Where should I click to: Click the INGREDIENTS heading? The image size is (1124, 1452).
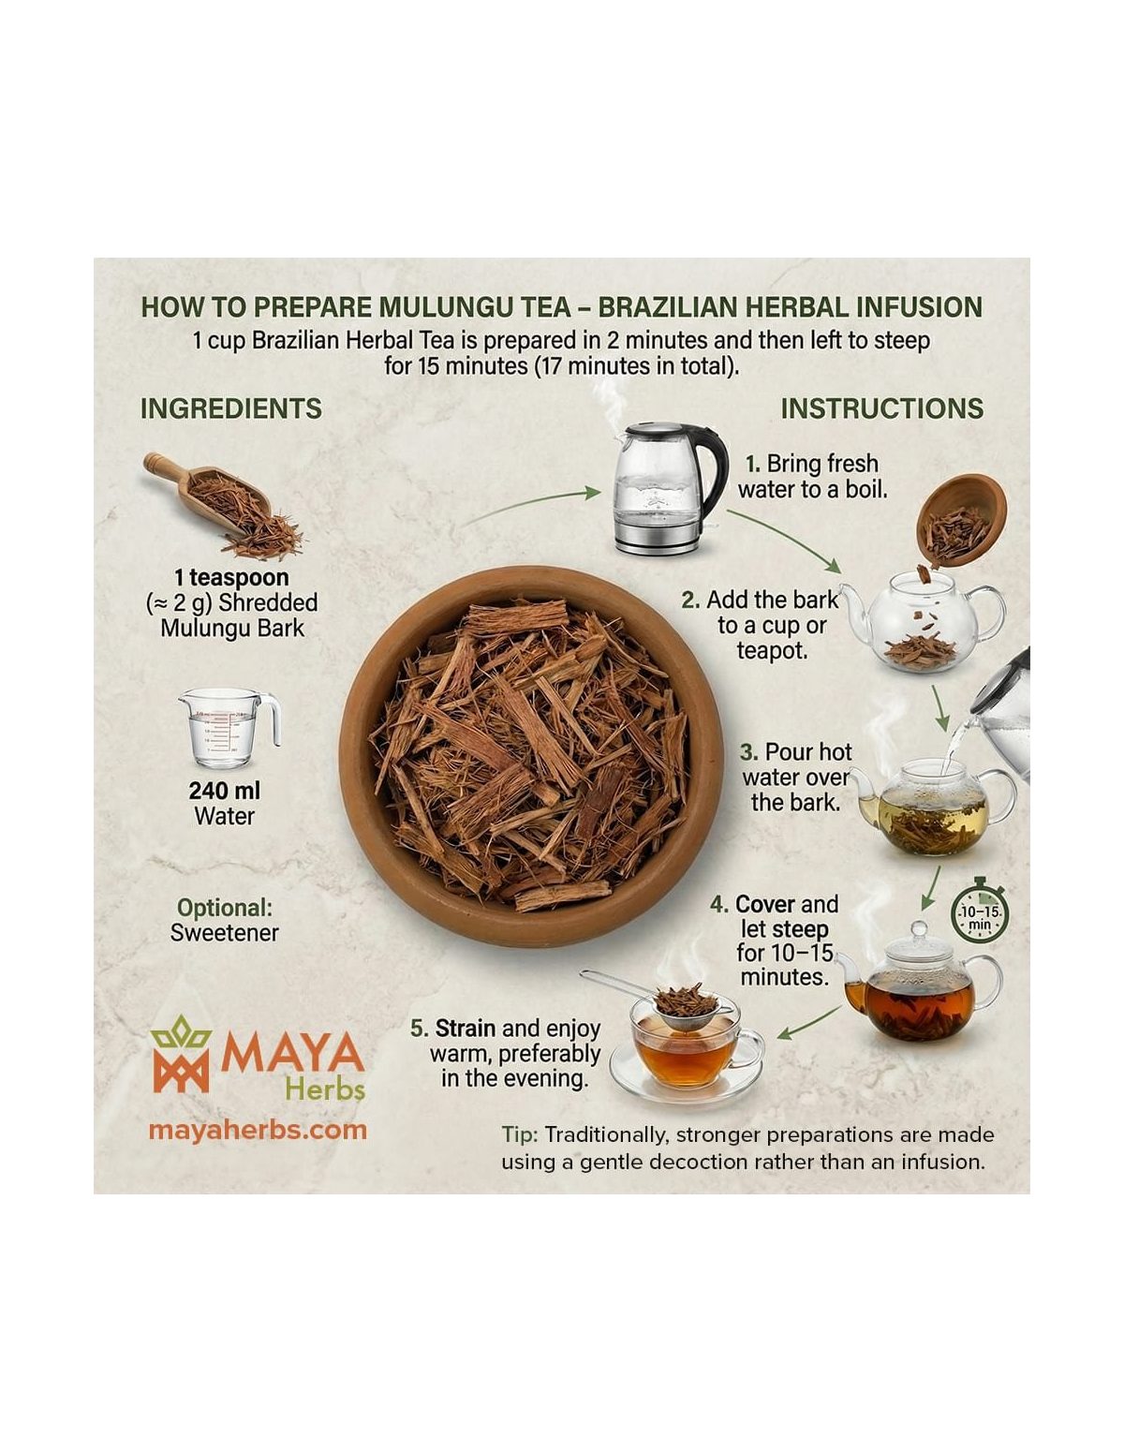(x=231, y=408)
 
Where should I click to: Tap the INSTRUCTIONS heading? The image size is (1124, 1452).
(x=881, y=408)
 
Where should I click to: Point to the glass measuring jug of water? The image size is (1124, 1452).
(x=229, y=729)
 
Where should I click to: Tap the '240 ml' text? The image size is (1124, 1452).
(x=224, y=791)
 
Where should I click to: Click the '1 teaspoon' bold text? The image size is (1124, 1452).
(x=231, y=577)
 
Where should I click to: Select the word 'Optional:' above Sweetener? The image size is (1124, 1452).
(x=225, y=908)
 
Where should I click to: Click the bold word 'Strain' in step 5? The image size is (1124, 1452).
(x=465, y=1029)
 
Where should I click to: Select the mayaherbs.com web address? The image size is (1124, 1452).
(x=258, y=1130)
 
